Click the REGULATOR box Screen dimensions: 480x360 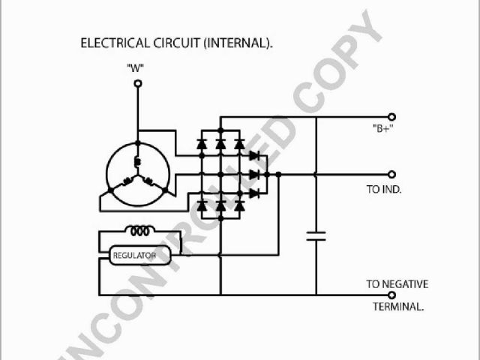[x=134, y=256]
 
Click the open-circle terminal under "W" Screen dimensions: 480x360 [x=136, y=84]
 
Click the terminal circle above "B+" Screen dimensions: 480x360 [x=391, y=117]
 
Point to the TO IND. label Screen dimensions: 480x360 [x=384, y=190]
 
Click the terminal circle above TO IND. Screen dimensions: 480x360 [x=391, y=174]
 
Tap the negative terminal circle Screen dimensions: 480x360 [x=391, y=295]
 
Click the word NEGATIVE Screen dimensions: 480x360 [x=407, y=284]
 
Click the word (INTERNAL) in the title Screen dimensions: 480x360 [x=237, y=43]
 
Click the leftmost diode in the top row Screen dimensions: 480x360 [x=202, y=142]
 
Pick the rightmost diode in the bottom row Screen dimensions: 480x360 [x=239, y=204]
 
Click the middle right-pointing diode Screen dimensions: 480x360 [x=255, y=174]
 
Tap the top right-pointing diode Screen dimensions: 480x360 [x=255, y=156]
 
